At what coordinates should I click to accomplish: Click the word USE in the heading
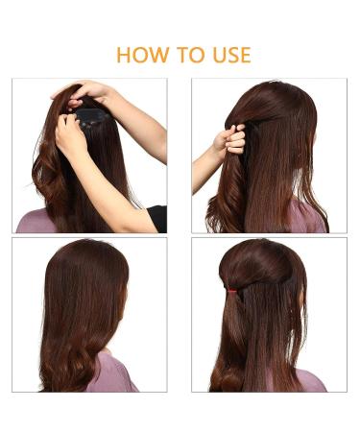click(231, 55)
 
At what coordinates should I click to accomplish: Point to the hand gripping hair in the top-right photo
click(230, 141)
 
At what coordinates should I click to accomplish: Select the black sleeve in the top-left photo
click(157, 218)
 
